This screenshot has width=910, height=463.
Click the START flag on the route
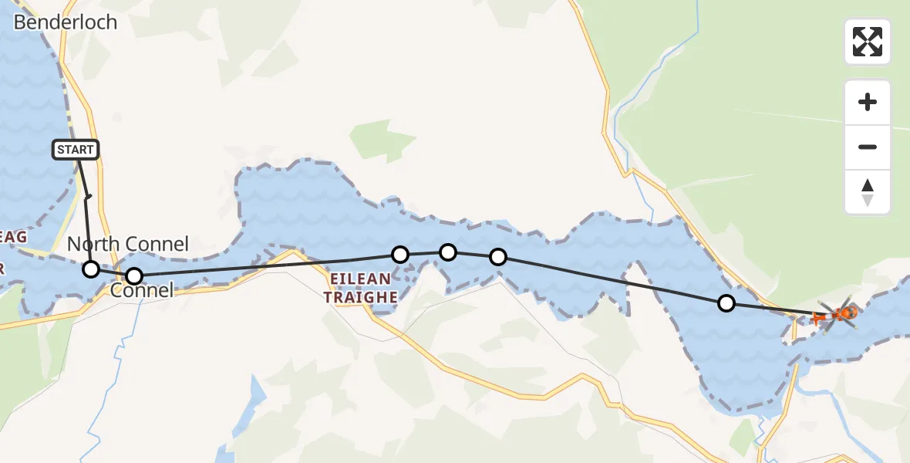76,150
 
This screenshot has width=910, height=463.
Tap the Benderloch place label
66,22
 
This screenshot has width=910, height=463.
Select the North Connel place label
127,245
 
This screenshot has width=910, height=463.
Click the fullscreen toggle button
868,42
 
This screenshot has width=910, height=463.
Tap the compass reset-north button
868,192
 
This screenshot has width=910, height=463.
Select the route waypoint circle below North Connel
91,269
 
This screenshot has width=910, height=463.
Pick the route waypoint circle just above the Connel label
134,275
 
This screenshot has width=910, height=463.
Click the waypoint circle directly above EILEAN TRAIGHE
400,254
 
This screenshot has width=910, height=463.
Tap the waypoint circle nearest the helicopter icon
726,303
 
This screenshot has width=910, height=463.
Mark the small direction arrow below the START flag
87,198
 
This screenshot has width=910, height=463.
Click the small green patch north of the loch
383,140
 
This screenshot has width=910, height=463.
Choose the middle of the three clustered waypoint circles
448,252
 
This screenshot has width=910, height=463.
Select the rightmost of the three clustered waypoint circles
498,257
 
